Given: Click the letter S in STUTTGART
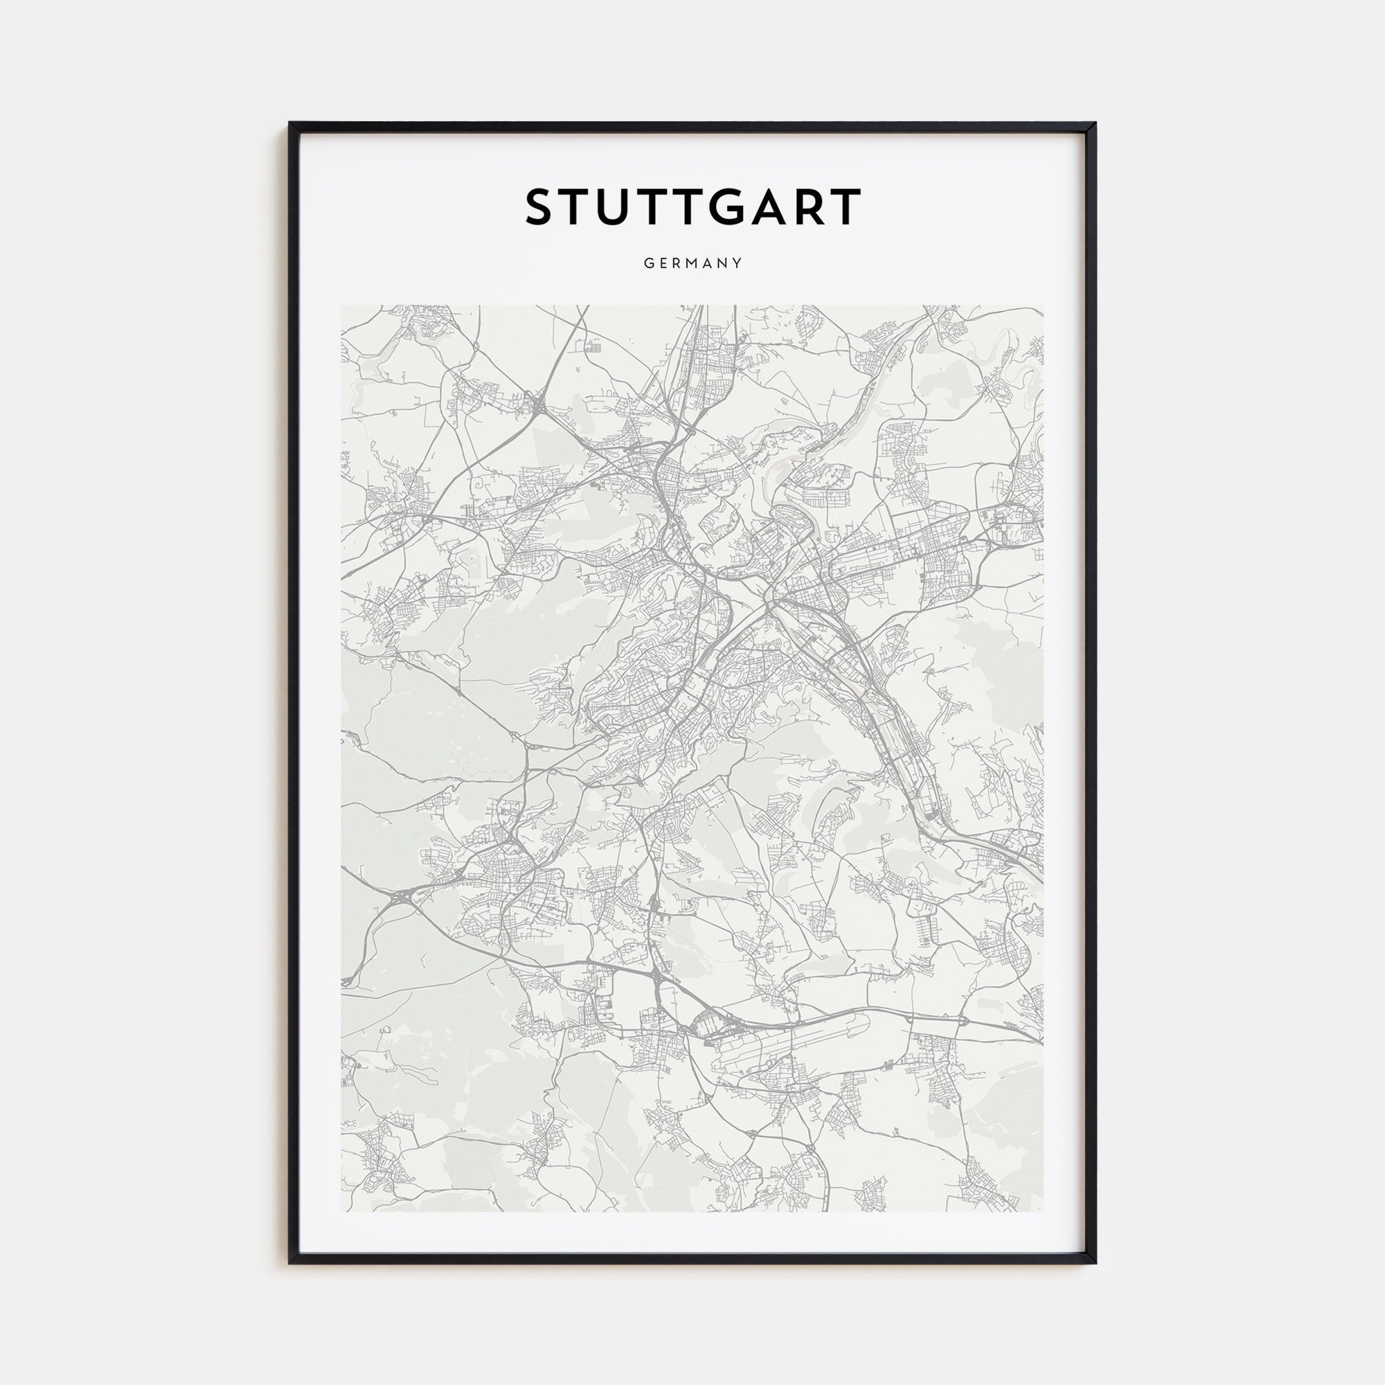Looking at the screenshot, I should point(543,207).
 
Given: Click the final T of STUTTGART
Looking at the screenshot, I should point(846,207).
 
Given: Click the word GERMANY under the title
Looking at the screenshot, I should point(692,263).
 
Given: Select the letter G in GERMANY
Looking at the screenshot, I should point(648,263).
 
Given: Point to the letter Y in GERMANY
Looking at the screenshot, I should point(738,263).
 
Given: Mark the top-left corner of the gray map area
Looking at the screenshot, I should point(341,306).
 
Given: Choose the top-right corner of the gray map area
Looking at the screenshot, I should point(1043,306).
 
